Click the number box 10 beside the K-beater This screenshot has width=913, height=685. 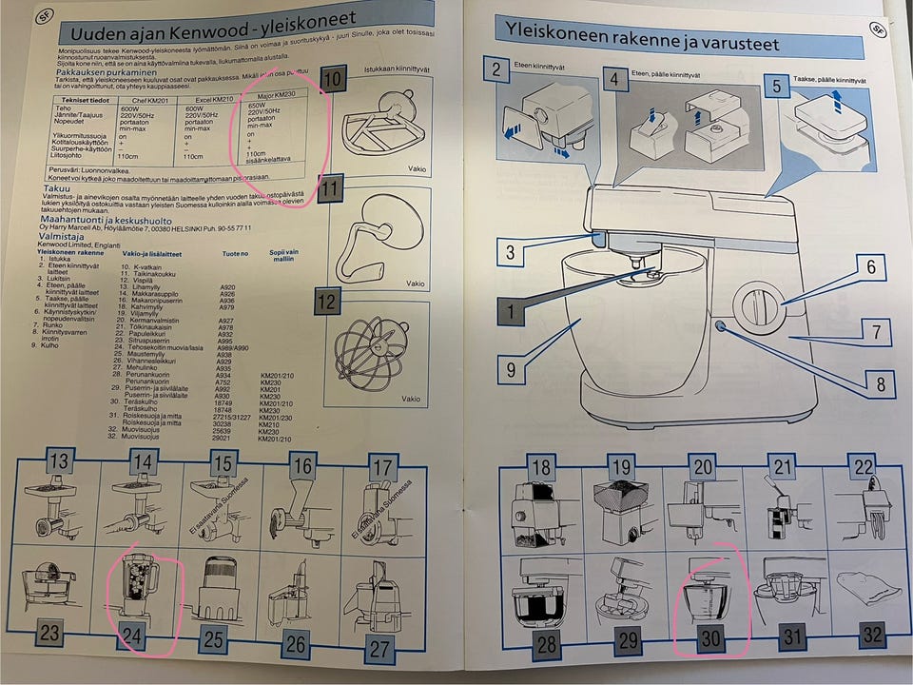[331, 80]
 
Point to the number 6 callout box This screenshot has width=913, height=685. [869, 268]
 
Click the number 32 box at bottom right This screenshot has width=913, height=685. [871, 635]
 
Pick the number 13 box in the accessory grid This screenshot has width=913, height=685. [59, 463]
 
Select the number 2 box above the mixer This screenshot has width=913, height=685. [495, 68]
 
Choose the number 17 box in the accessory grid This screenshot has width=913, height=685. [381, 467]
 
